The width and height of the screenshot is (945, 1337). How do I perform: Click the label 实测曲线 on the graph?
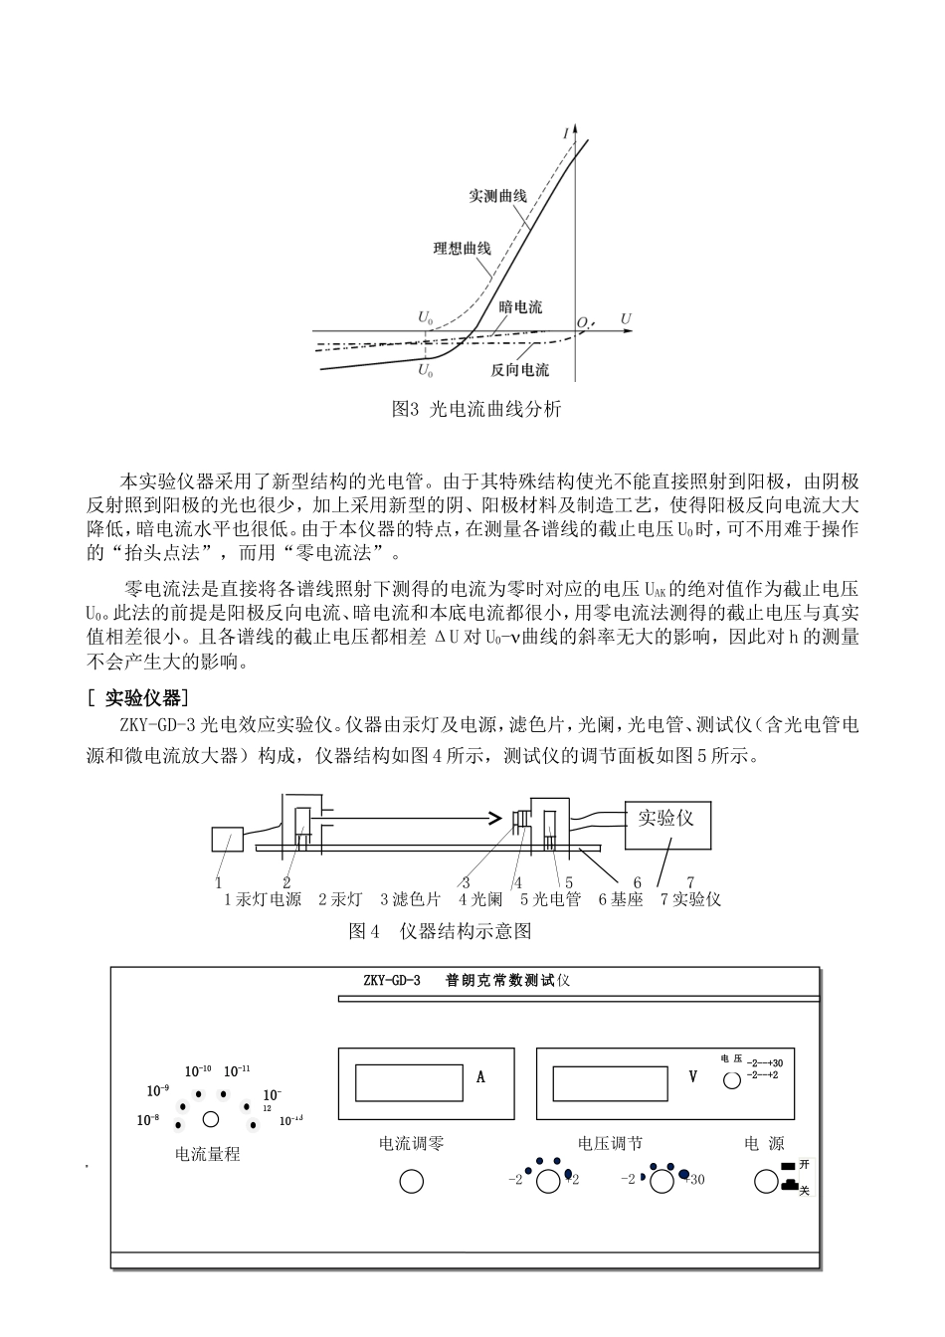(x=497, y=196)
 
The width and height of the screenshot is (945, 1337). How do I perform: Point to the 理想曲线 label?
(x=462, y=248)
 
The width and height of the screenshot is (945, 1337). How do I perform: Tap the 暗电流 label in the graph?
(x=520, y=307)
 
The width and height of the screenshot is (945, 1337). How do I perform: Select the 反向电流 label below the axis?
(x=519, y=370)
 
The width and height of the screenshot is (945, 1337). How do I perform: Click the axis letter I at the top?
(x=566, y=133)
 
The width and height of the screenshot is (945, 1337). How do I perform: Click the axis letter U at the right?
(x=626, y=318)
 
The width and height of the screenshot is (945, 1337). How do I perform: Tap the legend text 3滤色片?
(x=410, y=899)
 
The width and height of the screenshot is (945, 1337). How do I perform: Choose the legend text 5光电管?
(x=550, y=899)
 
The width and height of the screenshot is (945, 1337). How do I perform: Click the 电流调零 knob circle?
(x=411, y=1181)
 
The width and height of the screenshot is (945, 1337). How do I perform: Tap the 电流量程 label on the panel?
(x=207, y=1155)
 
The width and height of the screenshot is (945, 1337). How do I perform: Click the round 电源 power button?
(x=765, y=1181)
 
